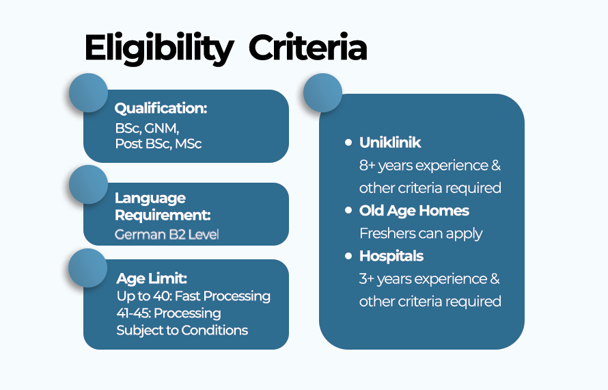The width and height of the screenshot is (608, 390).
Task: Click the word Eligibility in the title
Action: (x=159, y=49)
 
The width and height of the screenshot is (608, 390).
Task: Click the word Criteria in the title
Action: (x=308, y=47)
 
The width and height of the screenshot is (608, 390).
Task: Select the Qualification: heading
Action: (x=161, y=108)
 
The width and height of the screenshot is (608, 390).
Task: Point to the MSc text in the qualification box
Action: (x=188, y=144)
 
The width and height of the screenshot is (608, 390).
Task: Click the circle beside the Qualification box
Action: (x=88, y=93)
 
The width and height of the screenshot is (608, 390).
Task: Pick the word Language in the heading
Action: (x=150, y=199)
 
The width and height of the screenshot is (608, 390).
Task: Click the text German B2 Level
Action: (x=167, y=234)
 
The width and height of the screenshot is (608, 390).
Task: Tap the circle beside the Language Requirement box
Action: (x=88, y=185)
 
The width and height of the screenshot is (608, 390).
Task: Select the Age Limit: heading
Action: (x=152, y=278)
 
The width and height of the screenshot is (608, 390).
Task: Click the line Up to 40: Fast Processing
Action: (x=193, y=296)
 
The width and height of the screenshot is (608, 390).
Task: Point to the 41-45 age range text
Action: (x=133, y=313)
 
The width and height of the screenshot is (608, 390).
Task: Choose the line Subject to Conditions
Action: (x=182, y=330)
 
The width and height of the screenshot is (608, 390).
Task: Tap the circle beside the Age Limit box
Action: (x=87, y=268)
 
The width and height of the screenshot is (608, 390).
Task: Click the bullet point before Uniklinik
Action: (x=348, y=142)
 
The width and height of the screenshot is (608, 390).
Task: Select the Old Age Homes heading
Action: (x=414, y=211)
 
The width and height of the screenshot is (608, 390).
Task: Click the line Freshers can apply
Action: (x=421, y=233)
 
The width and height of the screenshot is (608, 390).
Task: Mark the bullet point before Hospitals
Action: (x=348, y=256)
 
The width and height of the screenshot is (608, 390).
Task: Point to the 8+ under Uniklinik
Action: (x=368, y=166)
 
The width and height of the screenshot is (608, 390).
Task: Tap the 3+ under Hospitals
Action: (x=367, y=279)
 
